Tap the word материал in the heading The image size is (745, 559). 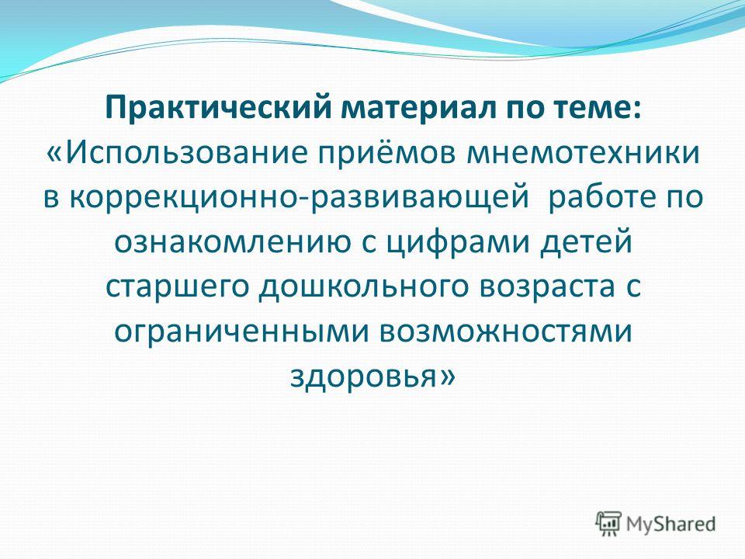pyautogui.click(x=418, y=109)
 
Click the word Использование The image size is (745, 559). pyautogui.click(x=185, y=153)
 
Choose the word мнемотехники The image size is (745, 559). pyautogui.click(x=583, y=153)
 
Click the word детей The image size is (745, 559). pyautogui.click(x=587, y=241)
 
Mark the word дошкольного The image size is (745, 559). pyautogui.click(x=363, y=286)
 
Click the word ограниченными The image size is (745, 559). pyautogui.click(x=241, y=332)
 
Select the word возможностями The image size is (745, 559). pyautogui.click(x=505, y=332)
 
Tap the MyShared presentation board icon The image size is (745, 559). pyautogui.click(x=608, y=524)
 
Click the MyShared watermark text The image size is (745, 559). pyautogui.click(x=670, y=524)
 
